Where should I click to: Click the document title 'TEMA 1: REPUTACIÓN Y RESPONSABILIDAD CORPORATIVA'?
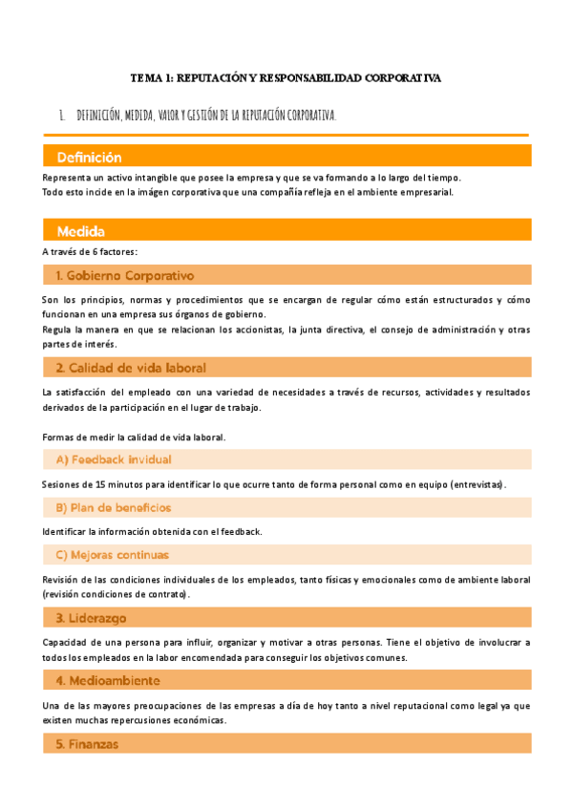tap(286, 78)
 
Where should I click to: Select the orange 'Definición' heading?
tap(89, 157)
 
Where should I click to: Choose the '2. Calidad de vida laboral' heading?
tap(131, 368)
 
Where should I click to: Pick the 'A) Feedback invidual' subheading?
tap(113, 459)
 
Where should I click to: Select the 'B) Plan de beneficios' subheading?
tap(114, 507)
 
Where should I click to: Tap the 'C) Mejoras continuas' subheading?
tap(112, 554)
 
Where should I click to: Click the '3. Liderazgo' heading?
tap(91, 617)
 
